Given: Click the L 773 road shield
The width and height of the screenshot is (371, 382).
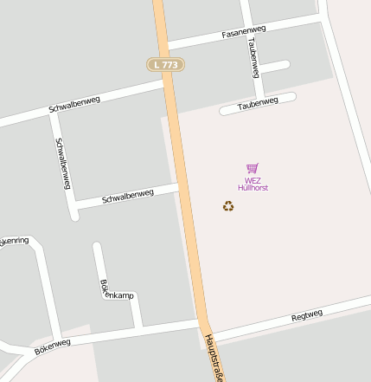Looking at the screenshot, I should tap(163, 64).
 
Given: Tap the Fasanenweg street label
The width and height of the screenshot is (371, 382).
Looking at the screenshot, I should tap(243, 32).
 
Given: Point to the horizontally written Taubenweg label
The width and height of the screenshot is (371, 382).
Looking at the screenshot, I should tap(259, 102).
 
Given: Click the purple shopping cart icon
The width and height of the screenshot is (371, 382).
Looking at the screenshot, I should tap(252, 169).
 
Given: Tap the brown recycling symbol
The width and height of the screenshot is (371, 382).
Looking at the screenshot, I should tap(228, 206).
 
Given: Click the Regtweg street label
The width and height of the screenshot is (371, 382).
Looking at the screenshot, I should tap(307, 315).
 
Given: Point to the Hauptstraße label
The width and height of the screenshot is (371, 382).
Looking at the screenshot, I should tap(216, 355).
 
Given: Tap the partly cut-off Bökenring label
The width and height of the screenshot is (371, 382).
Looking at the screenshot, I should tap(14, 240).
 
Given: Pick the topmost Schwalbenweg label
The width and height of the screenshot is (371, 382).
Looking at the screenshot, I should tap(74, 104).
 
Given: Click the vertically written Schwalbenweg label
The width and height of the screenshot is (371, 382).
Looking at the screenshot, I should tap(62, 164).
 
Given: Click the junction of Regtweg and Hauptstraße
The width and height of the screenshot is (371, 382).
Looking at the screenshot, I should tap(207, 330).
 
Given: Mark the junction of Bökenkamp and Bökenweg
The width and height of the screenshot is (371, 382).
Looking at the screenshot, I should tap(138, 327).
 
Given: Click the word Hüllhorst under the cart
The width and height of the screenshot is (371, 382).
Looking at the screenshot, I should tap(253, 187).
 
